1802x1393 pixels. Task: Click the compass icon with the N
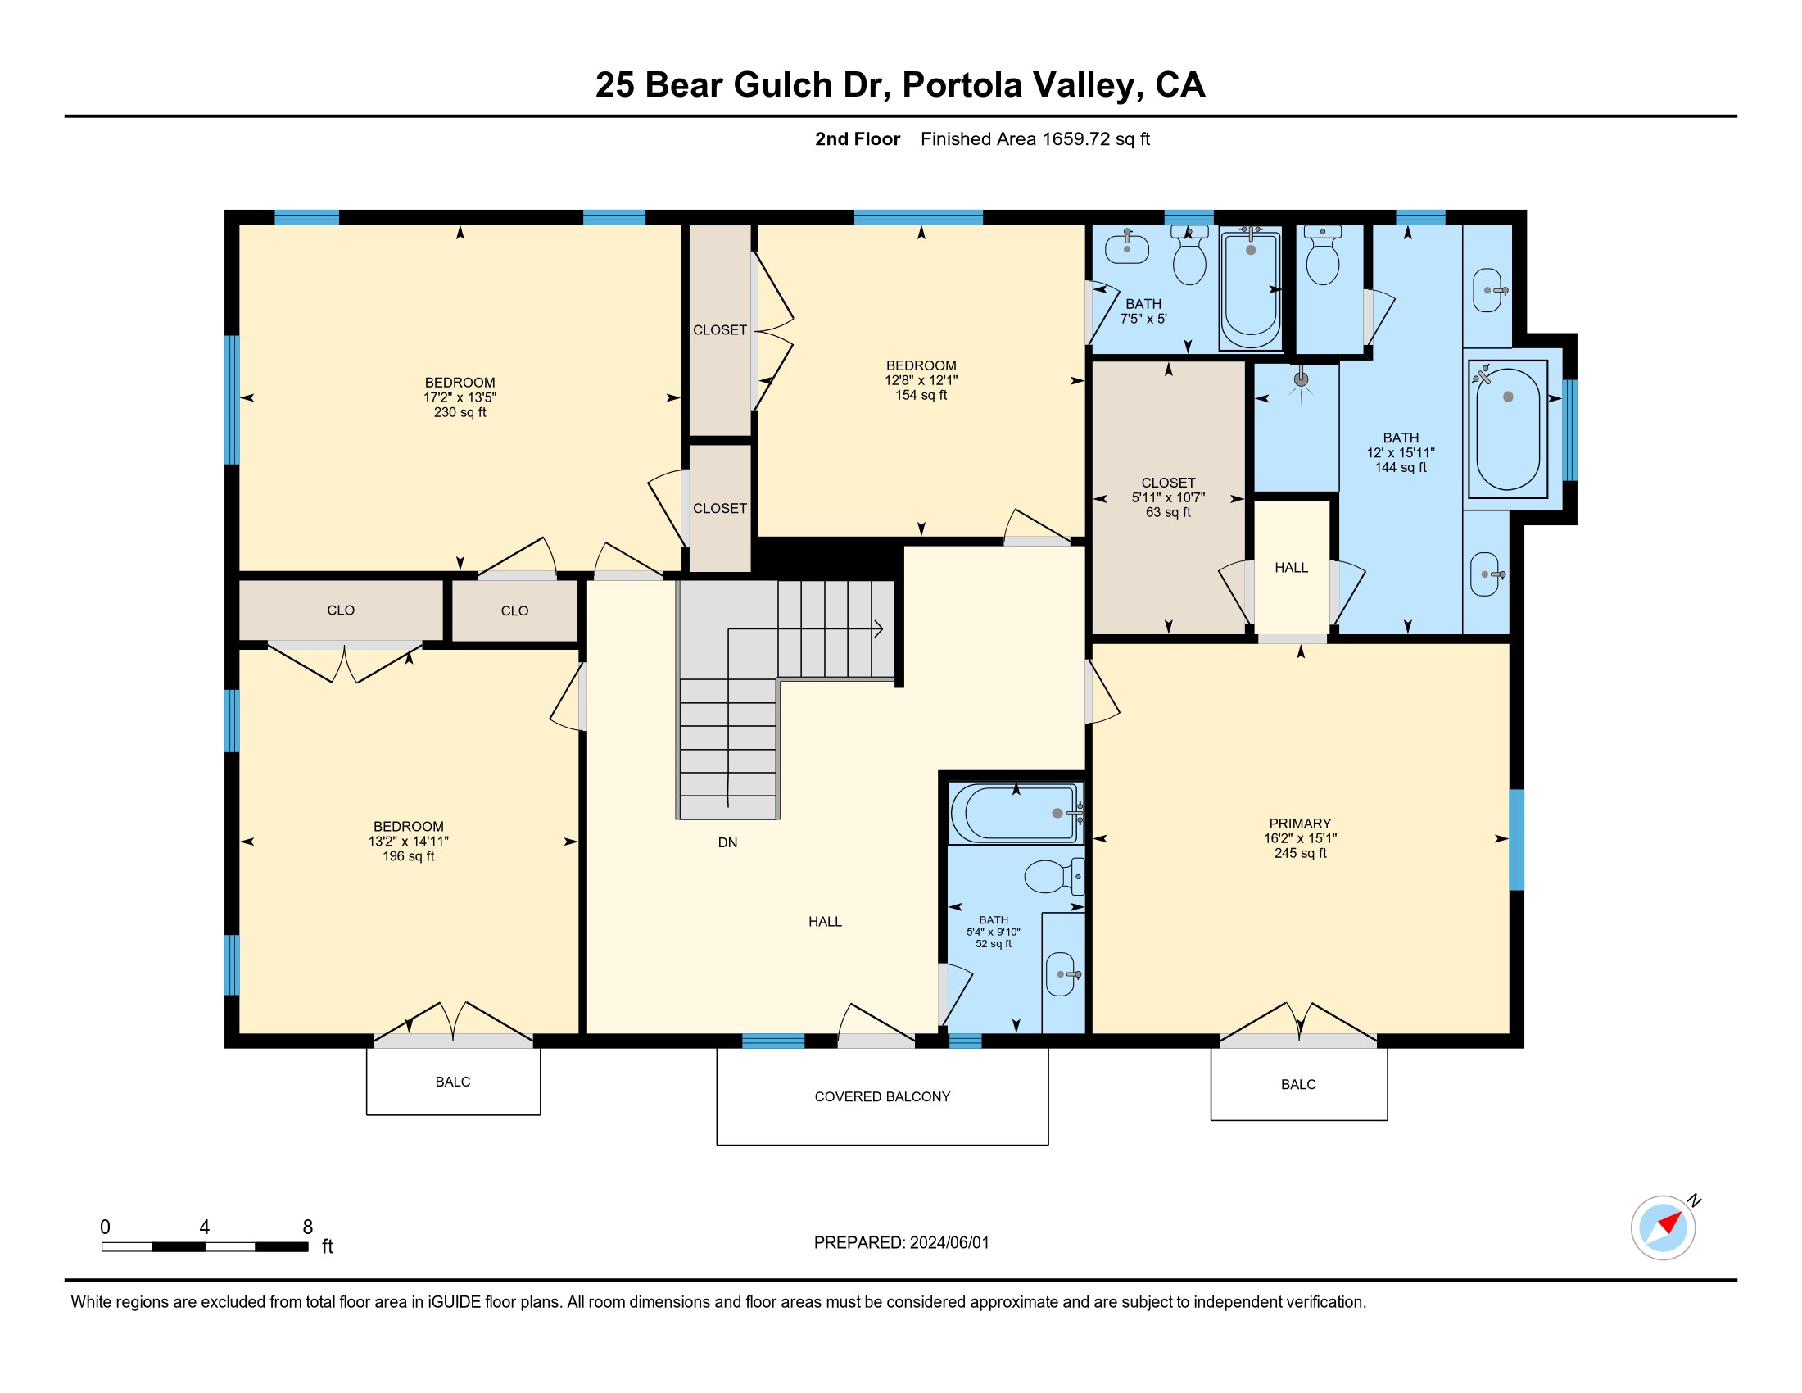coord(1664,1227)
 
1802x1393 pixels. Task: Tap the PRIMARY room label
coord(1300,823)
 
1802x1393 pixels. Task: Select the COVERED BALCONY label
coord(882,1096)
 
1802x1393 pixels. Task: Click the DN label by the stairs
coord(727,842)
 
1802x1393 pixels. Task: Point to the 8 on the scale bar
coord(308,1227)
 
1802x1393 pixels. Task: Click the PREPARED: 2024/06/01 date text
coord(901,1243)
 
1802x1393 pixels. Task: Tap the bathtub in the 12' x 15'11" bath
coord(1507,429)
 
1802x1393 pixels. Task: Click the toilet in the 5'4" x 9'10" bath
coord(1053,877)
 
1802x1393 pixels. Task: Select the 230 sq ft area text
coord(460,412)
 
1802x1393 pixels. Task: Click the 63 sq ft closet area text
coord(1167,511)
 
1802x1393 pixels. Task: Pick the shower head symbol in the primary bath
coord(1302,381)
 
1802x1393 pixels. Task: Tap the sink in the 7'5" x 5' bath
coord(1127,246)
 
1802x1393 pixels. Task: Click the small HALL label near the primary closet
coord(1291,568)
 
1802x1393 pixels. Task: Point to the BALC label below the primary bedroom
coord(1298,1084)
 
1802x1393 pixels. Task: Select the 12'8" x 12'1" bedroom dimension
coord(921,380)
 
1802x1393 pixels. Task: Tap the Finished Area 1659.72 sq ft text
coord(1035,139)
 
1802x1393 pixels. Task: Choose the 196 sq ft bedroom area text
coord(408,855)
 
